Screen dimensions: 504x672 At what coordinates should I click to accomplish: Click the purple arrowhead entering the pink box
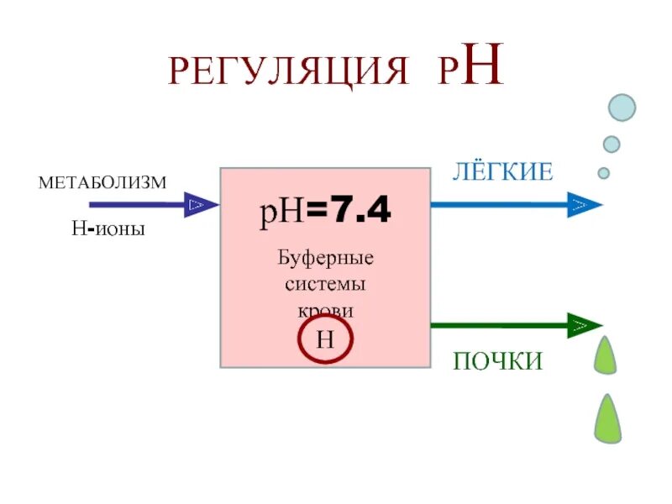(x=200, y=204)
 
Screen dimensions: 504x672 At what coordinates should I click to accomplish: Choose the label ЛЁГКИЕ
(x=502, y=173)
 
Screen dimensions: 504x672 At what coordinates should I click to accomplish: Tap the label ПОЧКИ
(x=498, y=361)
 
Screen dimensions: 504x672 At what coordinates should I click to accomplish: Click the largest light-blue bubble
(x=622, y=107)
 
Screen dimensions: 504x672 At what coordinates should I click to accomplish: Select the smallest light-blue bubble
(x=603, y=173)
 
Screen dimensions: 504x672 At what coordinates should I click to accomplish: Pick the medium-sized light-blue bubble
(x=612, y=144)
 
